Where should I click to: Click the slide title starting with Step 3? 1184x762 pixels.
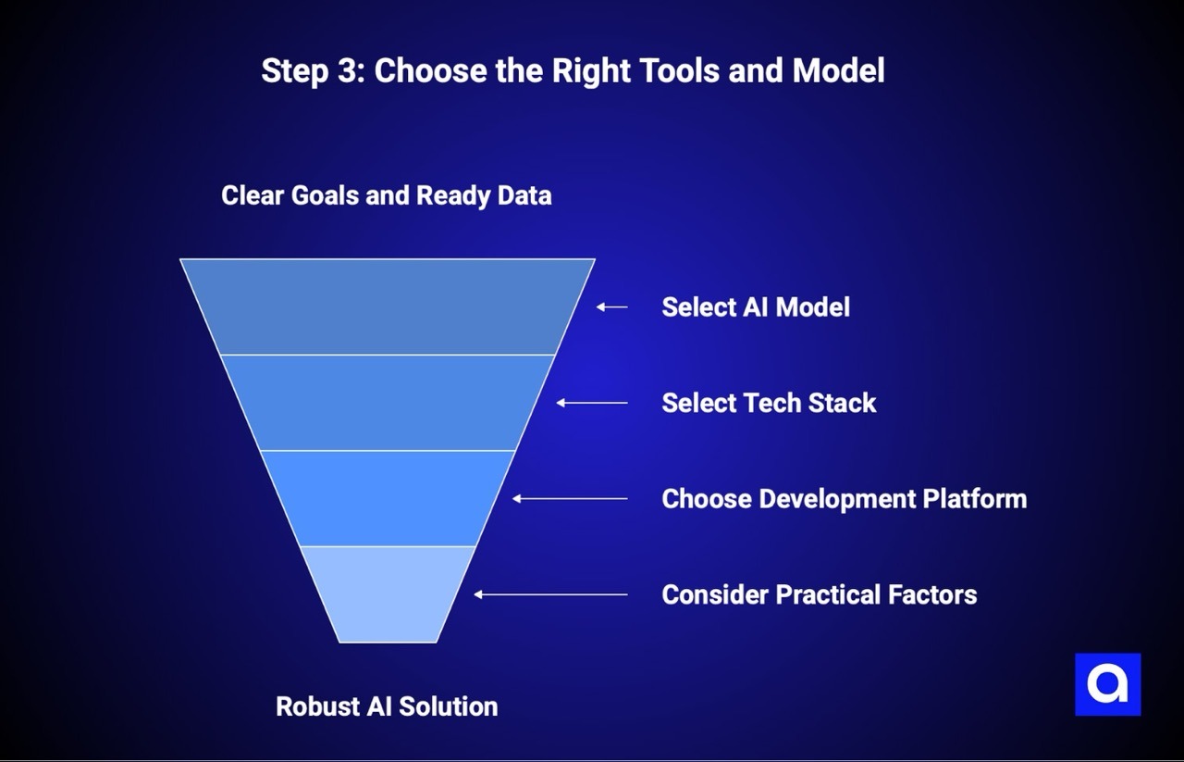573,70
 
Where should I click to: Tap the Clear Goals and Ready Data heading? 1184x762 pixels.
386,195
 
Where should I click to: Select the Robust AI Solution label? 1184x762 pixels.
387,706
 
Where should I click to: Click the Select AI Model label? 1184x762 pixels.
755,307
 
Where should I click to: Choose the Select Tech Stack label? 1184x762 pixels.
769,403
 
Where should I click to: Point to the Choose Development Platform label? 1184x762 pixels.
844,499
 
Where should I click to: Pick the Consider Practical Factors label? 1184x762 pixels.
819,594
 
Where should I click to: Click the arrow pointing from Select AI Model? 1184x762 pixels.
611,306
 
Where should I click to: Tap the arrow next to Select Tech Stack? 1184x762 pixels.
592,403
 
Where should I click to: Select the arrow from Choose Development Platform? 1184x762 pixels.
570,498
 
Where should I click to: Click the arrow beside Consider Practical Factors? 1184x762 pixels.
550,594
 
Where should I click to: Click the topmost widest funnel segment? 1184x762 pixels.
388,306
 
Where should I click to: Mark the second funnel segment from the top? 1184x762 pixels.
388,403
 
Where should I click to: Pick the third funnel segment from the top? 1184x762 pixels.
388,498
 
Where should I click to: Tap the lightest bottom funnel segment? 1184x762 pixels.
388,594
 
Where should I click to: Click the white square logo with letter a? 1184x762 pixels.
1107,684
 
